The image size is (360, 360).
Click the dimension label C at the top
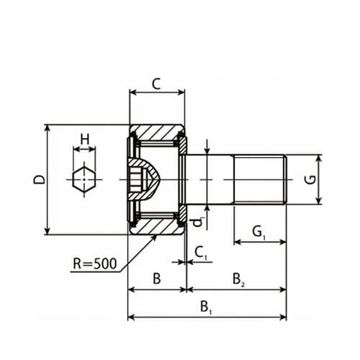(x=156, y=84)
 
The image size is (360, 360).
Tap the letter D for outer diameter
(x=39, y=179)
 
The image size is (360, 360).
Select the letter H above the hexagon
(x=84, y=139)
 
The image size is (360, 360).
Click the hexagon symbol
(x=84, y=179)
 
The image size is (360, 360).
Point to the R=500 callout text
(x=94, y=264)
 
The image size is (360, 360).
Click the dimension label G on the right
(x=311, y=179)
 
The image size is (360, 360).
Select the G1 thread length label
(x=259, y=233)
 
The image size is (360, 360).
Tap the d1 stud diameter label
(x=199, y=222)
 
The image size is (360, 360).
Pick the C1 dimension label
(x=201, y=253)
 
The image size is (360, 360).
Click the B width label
(x=156, y=279)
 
